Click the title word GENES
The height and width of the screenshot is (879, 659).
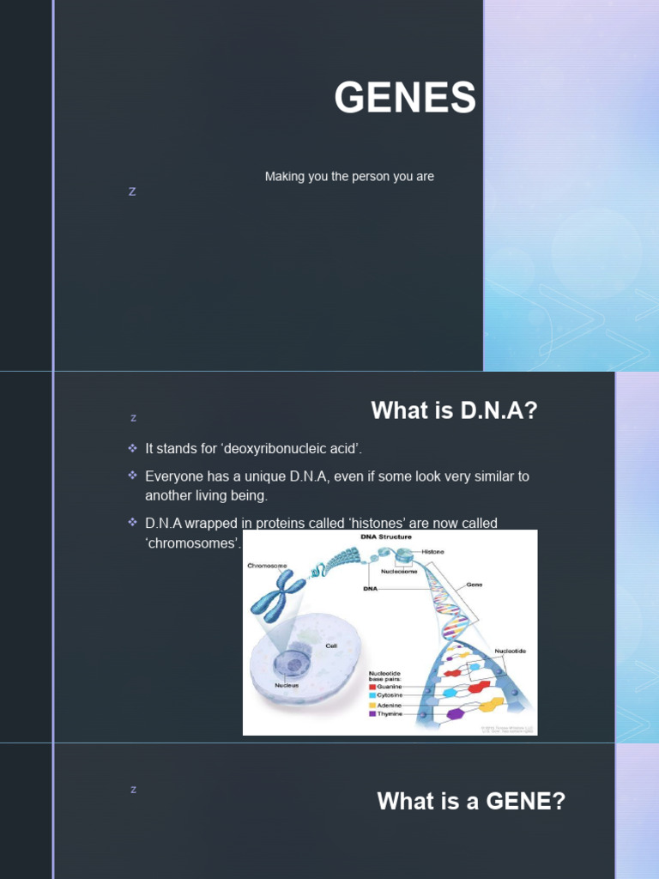click(x=405, y=98)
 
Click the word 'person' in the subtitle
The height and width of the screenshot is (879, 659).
click(x=363, y=177)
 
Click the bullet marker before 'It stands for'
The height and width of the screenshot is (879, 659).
click(x=132, y=449)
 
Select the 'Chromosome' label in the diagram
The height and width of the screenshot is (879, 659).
click(x=267, y=566)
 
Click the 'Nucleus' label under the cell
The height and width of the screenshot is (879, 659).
click(x=287, y=685)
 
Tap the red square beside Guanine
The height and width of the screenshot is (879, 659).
click(x=372, y=687)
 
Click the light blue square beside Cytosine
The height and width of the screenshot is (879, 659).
click(x=372, y=696)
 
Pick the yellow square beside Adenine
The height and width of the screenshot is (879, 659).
click(x=372, y=705)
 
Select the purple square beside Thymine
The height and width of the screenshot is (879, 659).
click(x=372, y=714)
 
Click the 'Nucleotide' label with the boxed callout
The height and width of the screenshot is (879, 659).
click(x=510, y=651)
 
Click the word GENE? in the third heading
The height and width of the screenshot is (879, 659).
click(x=525, y=802)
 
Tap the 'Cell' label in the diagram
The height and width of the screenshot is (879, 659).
click(x=329, y=646)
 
